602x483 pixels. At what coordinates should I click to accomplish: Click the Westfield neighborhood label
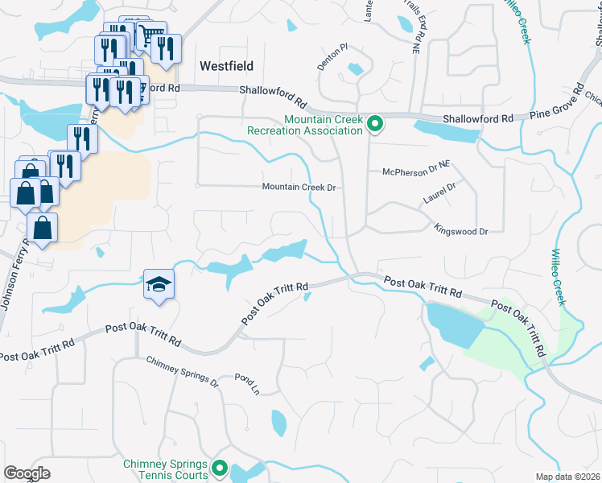click(x=226, y=66)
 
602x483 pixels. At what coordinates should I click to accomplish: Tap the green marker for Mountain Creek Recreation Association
click(x=374, y=124)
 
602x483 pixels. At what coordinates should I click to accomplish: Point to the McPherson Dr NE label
click(x=416, y=171)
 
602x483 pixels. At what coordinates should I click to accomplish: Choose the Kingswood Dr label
click(x=461, y=231)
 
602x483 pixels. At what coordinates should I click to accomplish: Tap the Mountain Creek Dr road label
click(x=299, y=187)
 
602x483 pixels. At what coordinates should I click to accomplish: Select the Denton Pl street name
click(x=331, y=58)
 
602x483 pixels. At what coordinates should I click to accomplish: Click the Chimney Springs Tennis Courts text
click(x=166, y=469)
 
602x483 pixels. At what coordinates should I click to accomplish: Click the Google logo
click(x=27, y=473)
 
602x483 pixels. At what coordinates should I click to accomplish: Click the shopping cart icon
click(x=148, y=35)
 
